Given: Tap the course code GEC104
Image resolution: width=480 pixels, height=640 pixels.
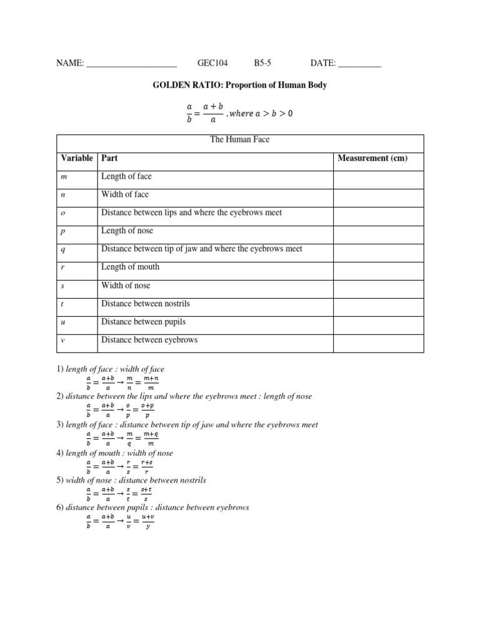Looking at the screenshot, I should tap(212, 63).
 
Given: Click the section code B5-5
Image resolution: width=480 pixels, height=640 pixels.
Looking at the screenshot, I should tap(262, 63).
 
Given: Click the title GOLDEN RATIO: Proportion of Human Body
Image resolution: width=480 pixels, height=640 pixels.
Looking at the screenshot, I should tap(240, 85).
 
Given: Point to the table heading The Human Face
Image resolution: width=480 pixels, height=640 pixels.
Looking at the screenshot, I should tap(240, 139).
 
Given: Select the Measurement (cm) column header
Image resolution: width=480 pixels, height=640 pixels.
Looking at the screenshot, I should tap(372, 158).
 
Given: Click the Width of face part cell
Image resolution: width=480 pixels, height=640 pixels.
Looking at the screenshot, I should tap(125, 194).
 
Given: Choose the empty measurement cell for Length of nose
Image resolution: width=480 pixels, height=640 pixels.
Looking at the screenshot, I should tap(378, 231).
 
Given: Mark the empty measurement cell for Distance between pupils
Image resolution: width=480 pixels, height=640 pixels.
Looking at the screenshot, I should tap(378, 322).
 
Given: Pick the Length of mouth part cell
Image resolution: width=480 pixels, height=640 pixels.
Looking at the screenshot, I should tap(130, 267).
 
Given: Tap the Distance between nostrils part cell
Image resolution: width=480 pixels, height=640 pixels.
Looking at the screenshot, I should tap(146, 304).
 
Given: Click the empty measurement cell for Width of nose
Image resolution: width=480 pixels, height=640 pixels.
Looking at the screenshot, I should tap(378, 286).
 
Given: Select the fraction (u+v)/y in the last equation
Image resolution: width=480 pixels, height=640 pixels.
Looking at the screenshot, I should tap(147, 521).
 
